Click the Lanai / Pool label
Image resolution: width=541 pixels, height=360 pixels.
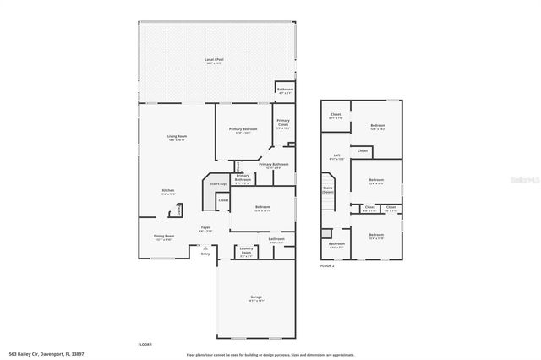pyautogui.click(x=214, y=60)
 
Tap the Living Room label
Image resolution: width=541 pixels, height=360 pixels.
pyautogui.click(x=176, y=136)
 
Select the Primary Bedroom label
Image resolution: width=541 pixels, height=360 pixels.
pyautogui.click(x=243, y=129)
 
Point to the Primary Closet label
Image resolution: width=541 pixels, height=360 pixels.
pyautogui.click(x=282, y=123)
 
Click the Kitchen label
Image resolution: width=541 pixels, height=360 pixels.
pyautogui.click(x=168, y=191)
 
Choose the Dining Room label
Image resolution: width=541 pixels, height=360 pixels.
pyautogui.click(x=164, y=236)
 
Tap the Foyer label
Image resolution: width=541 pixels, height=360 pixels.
pyautogui.click(x=205, y=227)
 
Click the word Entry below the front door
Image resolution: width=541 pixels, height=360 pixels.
pyautogui.click(x=205, y=254)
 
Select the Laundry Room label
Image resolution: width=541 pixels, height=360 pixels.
pyautogui.click(x=246, y=251)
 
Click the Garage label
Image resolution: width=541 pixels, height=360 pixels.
pyautogui.click(x=255, y=297)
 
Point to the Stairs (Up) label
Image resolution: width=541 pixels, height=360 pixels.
pyautogui.click(x=217, y=183)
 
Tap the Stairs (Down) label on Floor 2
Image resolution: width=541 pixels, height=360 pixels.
pyautogui.click(x=327, y=191)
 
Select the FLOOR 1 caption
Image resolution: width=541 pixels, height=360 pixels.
pyautogui.click(x=145, y=345)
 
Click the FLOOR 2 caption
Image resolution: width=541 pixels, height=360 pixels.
pyautogui.click(x=327, y=265)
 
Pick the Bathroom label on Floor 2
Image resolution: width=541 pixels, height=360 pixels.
pyautogui.click(x=336, y=244)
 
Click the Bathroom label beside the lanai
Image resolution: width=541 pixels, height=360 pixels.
pyautogui.click(x=285, y=90)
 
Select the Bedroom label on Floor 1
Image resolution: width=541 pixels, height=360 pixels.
pyautogui.click(x=264, y=206)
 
